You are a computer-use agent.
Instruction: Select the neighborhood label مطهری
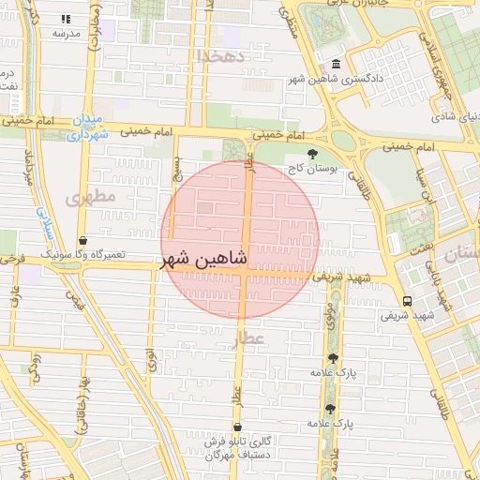[x=91, y=197]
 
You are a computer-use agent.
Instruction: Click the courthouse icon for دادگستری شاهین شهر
[x=336, y=64]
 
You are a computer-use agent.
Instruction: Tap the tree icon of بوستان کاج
[x=312, y=153]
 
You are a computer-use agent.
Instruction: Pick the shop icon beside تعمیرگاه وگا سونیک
[x=82, y=241]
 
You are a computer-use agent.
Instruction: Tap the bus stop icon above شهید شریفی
[x=407, y=301]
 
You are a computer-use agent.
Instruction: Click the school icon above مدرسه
[x=66, y=19]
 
